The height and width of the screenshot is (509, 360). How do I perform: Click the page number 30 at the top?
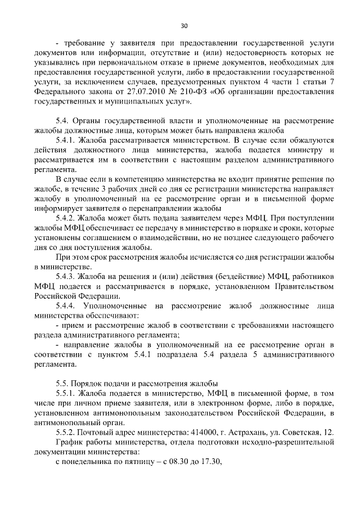pyautogui.click(x=184, y=25)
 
